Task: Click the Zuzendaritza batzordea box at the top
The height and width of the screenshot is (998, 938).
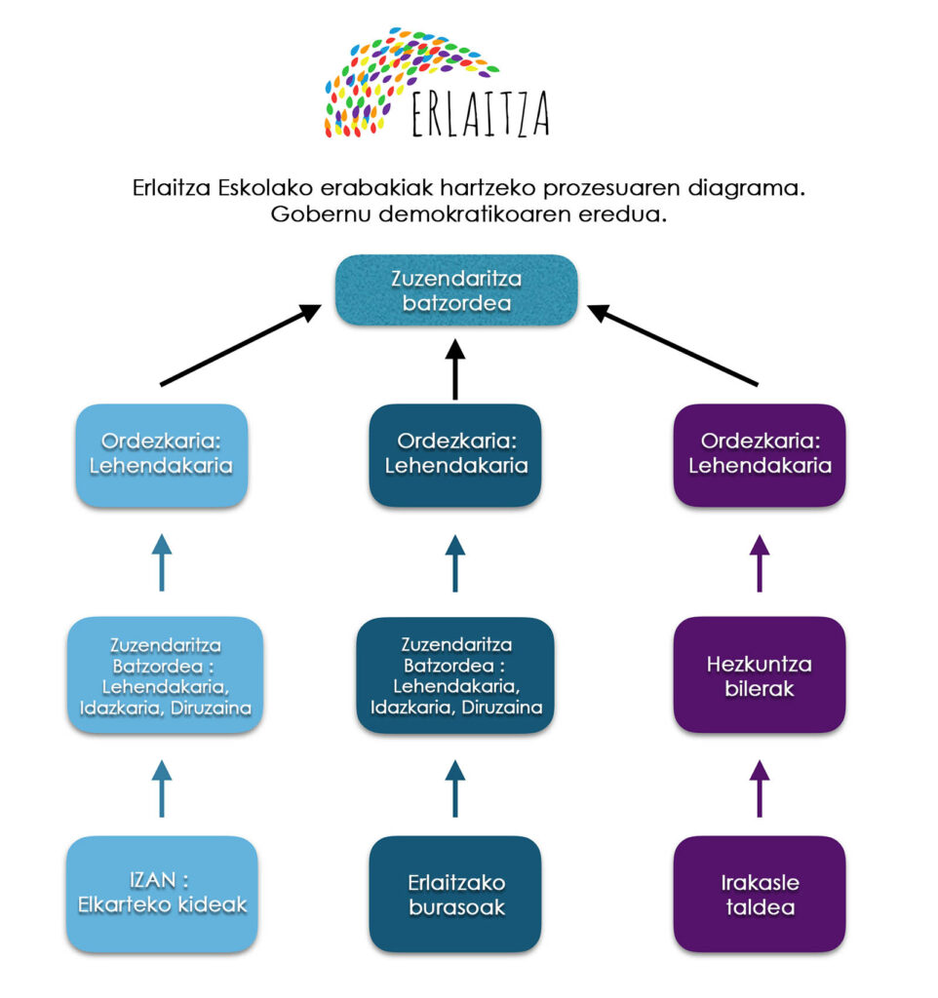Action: [x=456, y=290]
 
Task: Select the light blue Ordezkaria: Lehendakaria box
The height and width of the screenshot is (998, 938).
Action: [x=161, y=454]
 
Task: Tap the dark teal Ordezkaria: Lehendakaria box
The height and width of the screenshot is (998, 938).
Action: [x=455, y=454]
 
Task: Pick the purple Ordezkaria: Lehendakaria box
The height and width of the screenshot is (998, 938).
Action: [x=760, y=454]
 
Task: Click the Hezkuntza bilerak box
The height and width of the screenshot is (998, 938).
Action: [x=760, y=674]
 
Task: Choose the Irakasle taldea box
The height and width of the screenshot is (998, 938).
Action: [x=760, y=894]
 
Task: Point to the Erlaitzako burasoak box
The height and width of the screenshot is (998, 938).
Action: [x=455, y=894]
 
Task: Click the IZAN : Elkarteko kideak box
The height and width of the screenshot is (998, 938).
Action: [x=161, y=894]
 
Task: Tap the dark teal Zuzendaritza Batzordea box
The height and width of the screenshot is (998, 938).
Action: [x=455, y=674]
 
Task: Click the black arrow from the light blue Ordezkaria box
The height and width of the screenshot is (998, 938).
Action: [x=240, y=346]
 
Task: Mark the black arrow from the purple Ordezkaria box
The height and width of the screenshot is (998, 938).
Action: [x=674, y=346]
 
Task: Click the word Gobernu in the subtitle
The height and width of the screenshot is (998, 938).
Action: [x=311, y=215]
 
